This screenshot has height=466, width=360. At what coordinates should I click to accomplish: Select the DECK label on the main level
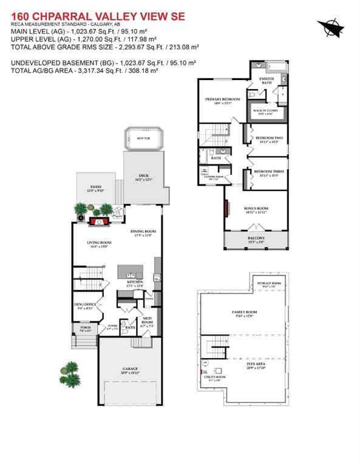pos(143,176)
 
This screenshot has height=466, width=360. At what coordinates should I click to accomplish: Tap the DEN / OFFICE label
pos(83,305)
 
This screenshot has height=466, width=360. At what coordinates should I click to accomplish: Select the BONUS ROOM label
pos(256,208)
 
